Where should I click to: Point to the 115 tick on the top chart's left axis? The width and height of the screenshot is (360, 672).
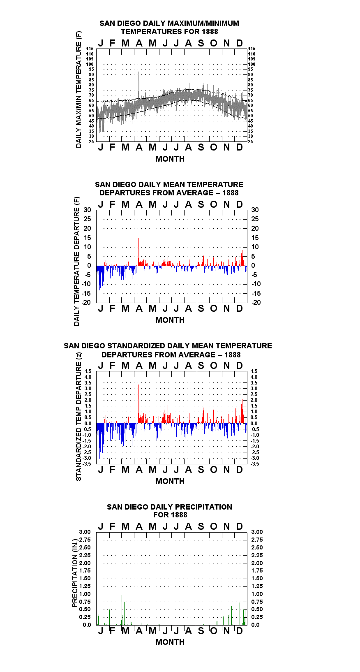[90, 49]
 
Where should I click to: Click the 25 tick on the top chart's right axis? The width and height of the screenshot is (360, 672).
[250, 141]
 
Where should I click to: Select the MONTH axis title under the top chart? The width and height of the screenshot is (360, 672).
[170, 159]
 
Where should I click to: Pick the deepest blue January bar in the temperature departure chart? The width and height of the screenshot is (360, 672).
[100, 278]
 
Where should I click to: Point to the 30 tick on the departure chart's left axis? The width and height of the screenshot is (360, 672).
[87, 210]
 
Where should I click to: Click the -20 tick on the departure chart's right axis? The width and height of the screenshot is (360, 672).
[256, 302]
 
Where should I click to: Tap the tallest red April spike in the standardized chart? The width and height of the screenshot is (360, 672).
[138, 404]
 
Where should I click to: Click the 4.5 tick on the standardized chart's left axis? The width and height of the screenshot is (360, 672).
[88, 371]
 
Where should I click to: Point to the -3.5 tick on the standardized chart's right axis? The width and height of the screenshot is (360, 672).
[255, 464]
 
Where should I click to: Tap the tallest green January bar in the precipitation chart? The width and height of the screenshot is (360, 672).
[98, 609]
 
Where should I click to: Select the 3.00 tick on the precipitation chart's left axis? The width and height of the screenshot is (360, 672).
[85, 532]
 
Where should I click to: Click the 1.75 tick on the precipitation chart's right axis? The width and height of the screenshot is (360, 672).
[257, 570]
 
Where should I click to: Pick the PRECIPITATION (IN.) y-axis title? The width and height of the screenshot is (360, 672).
[75, 573]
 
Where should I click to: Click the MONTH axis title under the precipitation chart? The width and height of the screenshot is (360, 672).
[170, 642]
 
